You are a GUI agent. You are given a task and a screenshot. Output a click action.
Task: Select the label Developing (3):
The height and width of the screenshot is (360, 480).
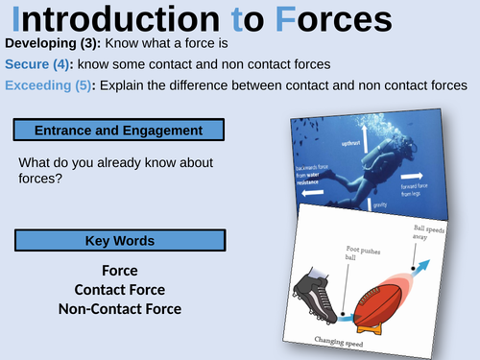point(56,45)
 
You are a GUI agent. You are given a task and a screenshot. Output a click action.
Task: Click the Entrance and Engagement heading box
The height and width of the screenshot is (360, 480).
point(119,130)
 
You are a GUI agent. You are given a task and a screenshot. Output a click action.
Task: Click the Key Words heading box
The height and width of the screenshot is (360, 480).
point(119,240)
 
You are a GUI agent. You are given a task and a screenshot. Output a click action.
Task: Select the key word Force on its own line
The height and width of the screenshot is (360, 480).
point(119,272)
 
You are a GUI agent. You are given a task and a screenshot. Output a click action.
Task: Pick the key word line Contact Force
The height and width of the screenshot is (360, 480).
point(119,290)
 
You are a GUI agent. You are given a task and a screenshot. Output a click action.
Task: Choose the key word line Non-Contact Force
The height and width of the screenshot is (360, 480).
point(119,308)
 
